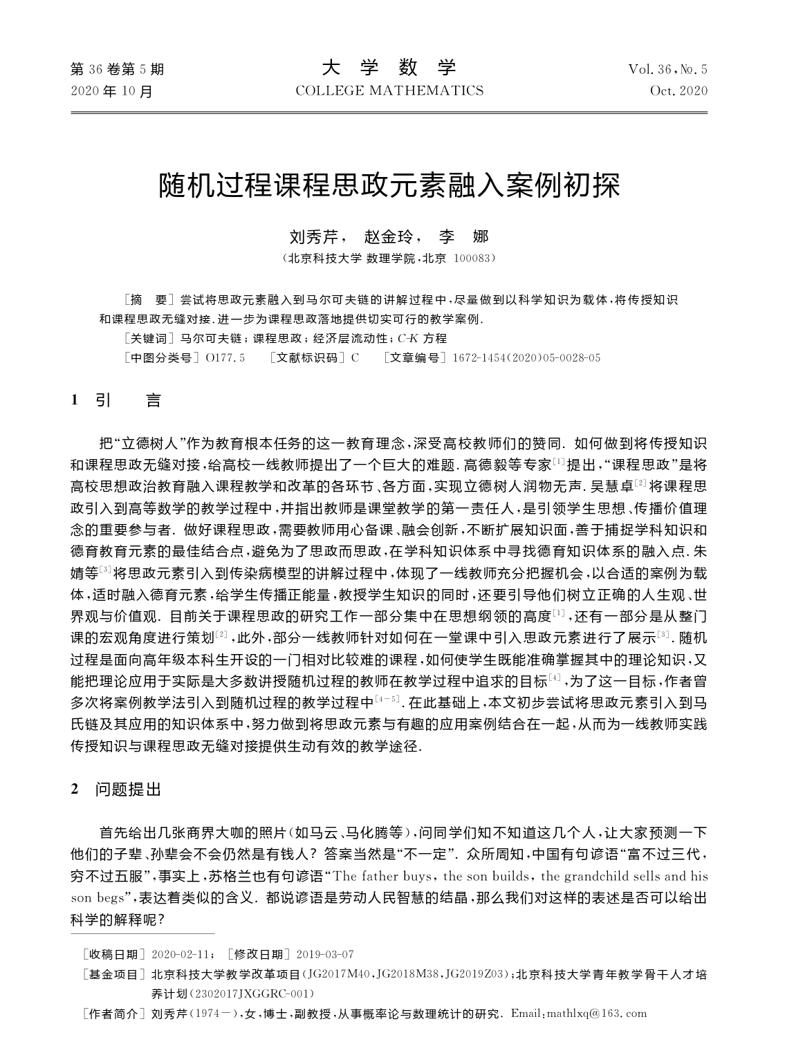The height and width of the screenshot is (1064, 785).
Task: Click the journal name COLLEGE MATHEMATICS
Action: [x=389, y=91]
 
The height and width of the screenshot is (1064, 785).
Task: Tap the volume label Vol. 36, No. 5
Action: [x=667, y=69]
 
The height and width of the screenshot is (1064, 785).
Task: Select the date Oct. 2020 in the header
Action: [x=678, y=91]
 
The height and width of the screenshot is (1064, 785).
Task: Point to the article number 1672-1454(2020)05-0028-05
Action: [x=526, y=357]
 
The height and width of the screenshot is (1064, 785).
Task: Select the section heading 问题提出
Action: [x=128, y=790]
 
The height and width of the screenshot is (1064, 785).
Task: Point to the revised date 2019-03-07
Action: [x=324, y=955]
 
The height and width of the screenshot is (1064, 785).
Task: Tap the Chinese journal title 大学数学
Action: [x=389, y=68]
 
